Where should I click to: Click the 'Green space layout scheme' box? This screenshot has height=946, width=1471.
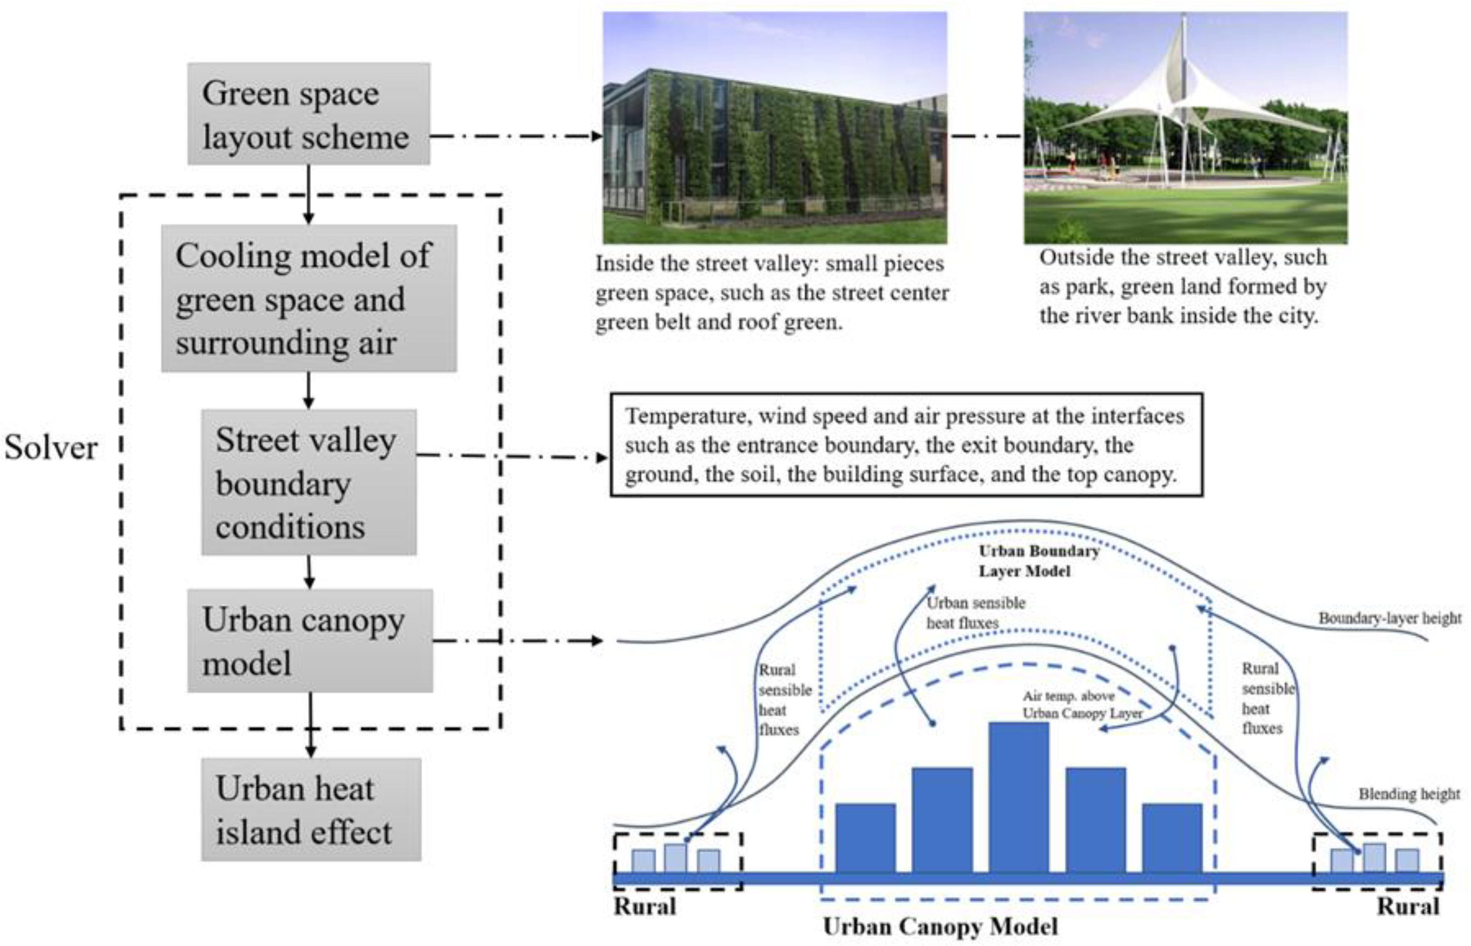[x=309, y=114]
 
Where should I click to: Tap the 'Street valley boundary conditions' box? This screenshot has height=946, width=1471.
[x=309, y=482]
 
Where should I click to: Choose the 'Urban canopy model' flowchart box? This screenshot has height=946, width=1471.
[x=309, y=641]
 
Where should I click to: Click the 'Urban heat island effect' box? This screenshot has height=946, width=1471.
[x=311, y=809]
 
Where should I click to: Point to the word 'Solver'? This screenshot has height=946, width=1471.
[x=51, y=447]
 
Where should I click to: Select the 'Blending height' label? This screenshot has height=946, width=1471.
[x=1409, y=794]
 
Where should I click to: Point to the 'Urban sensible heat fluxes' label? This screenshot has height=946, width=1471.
[x=975, y=612]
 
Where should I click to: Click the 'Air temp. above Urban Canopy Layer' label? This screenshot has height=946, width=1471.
[x=1081, y=705]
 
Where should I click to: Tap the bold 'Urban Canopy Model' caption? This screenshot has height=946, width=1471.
[x=940, y=926]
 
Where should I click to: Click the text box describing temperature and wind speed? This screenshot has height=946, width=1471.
[x=906, y=445]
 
